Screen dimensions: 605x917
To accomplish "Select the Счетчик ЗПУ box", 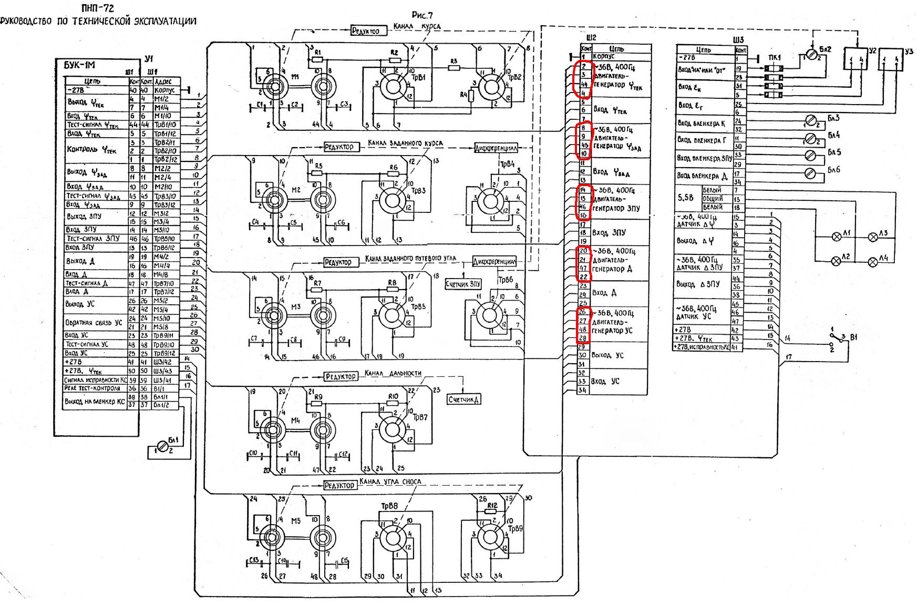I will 463,284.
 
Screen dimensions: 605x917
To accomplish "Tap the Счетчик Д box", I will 463,399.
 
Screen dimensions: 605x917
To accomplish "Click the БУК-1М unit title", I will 79,66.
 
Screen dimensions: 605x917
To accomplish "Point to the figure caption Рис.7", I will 422,15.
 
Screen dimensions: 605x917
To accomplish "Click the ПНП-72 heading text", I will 98,8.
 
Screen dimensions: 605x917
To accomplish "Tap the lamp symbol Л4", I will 873,261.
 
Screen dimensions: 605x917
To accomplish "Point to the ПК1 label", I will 774,58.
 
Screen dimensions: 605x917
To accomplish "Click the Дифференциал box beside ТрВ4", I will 496,148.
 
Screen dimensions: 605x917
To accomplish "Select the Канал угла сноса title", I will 390,481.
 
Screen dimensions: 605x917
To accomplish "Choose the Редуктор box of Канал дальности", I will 341,376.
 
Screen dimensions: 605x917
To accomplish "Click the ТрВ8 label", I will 389,506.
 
